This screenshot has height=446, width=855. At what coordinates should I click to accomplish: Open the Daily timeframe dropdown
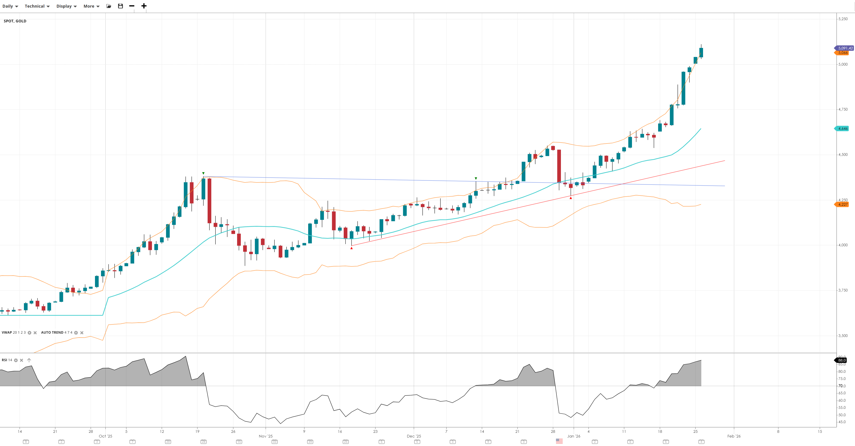[10, 6]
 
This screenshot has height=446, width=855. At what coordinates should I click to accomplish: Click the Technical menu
[37, 6]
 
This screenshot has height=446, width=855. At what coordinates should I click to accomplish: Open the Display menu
[66, 6]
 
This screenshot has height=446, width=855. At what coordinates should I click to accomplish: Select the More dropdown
[91, 6]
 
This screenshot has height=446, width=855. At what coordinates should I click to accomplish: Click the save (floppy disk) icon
[120, 6]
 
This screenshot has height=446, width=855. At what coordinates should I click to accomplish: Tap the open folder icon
[109, 6]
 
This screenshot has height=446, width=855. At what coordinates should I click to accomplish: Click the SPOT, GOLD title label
[15, 21]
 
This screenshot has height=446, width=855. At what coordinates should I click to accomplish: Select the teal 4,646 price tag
[842, 129]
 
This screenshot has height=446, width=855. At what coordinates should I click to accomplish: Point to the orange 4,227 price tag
[842, 204]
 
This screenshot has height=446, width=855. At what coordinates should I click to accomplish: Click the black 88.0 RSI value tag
[842, 360]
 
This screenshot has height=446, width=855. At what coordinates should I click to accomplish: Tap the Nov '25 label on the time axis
[265, 436]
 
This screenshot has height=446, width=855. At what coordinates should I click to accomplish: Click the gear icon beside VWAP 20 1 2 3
[29, 333]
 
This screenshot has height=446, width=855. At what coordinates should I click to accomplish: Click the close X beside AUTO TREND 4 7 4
[82, 333]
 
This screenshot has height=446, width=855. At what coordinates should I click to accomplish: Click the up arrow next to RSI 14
[29, 360]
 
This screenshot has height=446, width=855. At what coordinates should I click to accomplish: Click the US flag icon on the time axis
[559, 441]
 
